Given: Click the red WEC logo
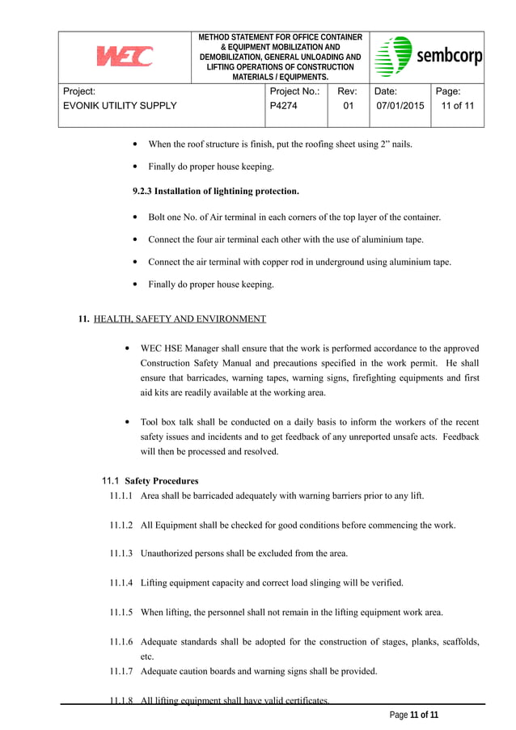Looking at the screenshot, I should (x=125, y=57).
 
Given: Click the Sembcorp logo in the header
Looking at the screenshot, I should (x=429, y=57).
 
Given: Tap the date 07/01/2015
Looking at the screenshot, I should (x=399, y=106).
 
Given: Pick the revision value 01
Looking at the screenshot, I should (x=348, y=106).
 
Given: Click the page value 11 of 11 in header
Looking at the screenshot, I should (x=458, y=106).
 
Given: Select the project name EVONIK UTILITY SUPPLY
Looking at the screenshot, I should (x=120, y=106).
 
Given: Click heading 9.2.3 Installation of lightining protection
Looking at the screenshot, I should (x=215, y=192).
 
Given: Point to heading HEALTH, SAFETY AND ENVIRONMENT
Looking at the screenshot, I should (x=180, y=319).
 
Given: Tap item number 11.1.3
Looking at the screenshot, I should (x=122, y=554).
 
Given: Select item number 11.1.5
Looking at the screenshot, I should (x=122, y=612).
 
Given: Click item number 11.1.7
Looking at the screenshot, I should (x=122, y=671).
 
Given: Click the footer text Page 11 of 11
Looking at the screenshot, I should (x=413, y=715).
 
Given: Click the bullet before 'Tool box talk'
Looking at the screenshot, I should (x=129, y=423).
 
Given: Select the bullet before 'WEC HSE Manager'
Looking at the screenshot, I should (x=129, y=348).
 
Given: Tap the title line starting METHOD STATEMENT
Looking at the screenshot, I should (x=281, y=37).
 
